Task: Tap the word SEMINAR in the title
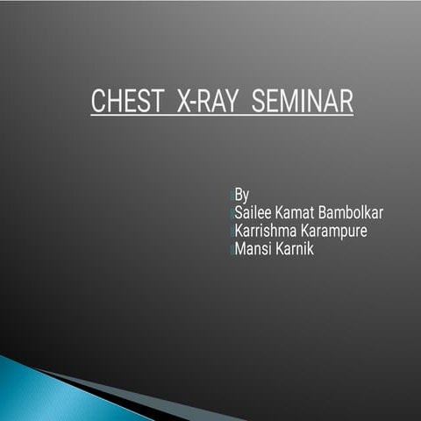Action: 302,101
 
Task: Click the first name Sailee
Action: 255,213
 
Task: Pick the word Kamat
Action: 303,213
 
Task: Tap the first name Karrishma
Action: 269,232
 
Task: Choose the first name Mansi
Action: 254,250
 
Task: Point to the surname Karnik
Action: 296,250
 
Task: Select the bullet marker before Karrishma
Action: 232,232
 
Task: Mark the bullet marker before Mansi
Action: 232,251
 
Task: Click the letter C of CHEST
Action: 97,101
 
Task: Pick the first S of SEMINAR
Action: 259,101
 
